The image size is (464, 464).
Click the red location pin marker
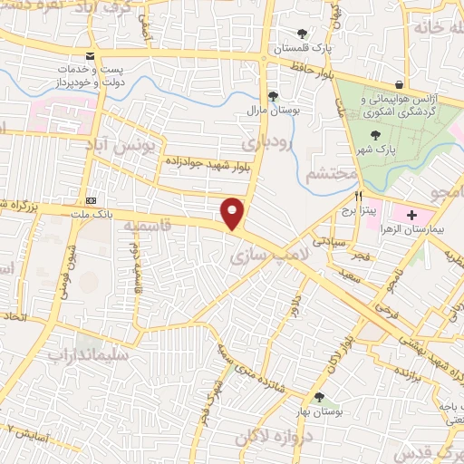[x=233, y=213]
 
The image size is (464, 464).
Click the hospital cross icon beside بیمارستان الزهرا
[x=413, y=216]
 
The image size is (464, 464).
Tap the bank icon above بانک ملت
[x=90, y=200]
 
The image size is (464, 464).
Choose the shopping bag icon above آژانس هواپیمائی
[x=399, y=83]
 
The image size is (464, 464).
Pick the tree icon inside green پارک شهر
[x=401, y=133]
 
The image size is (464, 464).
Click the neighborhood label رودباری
[x=269, y=143]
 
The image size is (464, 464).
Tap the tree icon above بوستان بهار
[x=319, y=397]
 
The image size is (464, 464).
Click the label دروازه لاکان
[x=272, y=438]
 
